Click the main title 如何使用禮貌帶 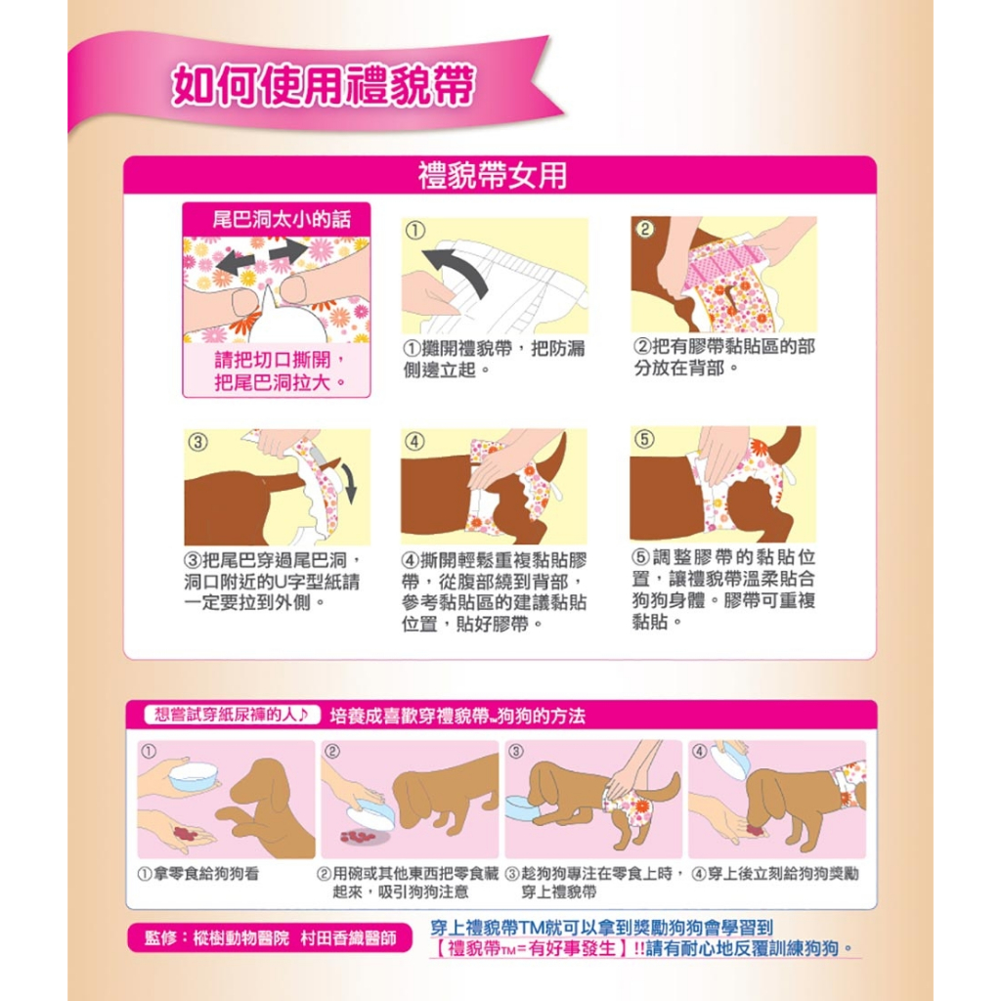[323, 84]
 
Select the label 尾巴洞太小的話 [281, 220]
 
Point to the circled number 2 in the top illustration [645, 229]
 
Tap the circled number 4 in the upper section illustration [414, 441]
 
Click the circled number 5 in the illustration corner [644, 439]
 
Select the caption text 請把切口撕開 [280, 360]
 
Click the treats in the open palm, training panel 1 [186, 833]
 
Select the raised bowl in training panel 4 [733, 759]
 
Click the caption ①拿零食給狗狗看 [199, 873]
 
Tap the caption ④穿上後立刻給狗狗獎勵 [775, 873]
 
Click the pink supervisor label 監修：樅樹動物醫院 [270, 937]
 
